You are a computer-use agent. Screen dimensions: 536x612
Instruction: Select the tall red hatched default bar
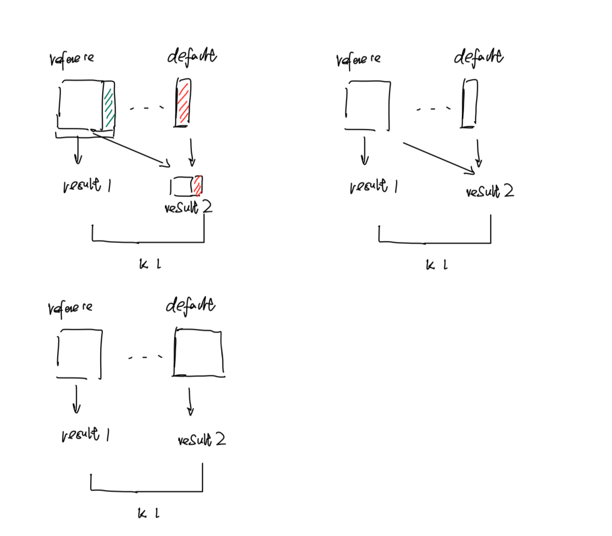coord(183,102)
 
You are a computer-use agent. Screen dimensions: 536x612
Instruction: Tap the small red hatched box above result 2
coord(197,185)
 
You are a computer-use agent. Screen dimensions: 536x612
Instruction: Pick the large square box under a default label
coord(198,353)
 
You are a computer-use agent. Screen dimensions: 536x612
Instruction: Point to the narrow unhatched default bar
coord(469,104)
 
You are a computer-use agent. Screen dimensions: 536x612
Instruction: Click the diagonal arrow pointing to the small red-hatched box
coord(130,148)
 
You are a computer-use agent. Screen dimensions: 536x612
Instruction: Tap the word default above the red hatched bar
coord(192,56)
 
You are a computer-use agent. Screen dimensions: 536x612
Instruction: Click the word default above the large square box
coord(191,305)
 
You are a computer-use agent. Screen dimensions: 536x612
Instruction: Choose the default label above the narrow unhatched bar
coord(478,57)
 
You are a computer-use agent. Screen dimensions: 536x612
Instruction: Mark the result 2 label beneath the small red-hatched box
coord(189,207)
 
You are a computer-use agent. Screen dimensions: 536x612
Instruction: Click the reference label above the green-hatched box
coord(71,59)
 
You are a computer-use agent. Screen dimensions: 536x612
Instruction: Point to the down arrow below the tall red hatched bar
coord(191,152)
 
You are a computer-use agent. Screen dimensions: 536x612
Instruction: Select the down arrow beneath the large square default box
coord(190,402)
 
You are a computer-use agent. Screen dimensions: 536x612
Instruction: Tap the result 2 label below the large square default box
coord(201,440)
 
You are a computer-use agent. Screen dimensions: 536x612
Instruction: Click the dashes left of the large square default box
coord(145,357)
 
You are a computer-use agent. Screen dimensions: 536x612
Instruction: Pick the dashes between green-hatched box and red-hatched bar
coord(147,108)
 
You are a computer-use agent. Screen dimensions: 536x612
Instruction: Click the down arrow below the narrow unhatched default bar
coord(478,153)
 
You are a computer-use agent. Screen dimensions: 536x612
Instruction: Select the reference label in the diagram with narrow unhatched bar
coord(358,60)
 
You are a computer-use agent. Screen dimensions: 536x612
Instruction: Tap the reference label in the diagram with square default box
coord(70,308)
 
